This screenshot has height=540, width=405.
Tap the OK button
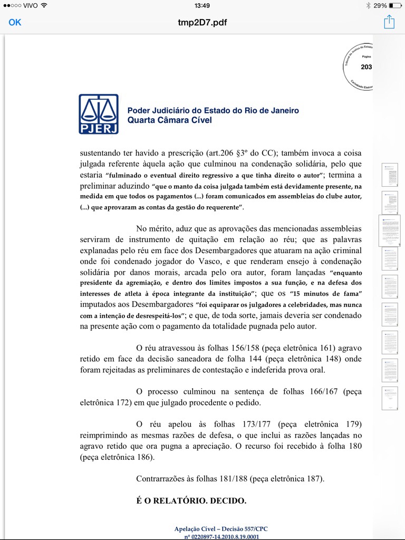15,22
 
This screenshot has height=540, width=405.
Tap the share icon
389,22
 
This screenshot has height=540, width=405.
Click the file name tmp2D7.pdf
202,23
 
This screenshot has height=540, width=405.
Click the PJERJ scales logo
99,114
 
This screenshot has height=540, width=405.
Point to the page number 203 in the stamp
366,67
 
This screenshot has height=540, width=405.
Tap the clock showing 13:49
202,5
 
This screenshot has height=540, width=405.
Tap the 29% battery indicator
380,5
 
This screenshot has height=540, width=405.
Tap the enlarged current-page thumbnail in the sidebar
390,230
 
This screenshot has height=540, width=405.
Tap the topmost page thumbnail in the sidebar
390,175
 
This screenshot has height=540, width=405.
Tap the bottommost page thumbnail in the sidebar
390,398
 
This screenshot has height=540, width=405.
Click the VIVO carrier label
31,5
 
